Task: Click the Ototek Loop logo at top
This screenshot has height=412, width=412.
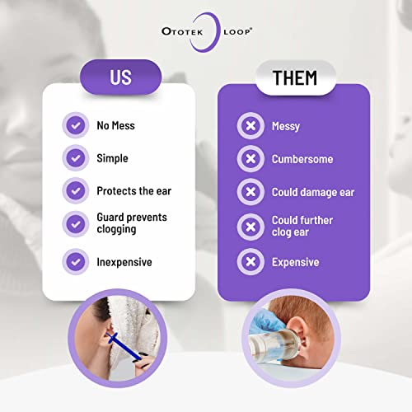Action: tap(205, 35)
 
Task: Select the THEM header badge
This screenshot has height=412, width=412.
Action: tap(294, 78)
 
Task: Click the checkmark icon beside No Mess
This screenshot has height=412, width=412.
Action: tap(76, 126)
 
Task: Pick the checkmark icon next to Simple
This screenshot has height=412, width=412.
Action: tap(76, 158)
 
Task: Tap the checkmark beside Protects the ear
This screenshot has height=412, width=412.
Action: tap(76, 190)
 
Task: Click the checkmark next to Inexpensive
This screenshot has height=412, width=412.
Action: tap(76, 261)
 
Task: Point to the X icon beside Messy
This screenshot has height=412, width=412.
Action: tap(249, 126)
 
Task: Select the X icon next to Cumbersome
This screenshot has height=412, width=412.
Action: tap(249, 159)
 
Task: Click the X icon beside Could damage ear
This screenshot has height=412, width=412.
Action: tap(249, 192)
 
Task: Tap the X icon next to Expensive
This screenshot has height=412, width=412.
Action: tap(249, 263)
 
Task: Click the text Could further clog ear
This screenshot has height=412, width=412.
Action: tap(302, 227)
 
